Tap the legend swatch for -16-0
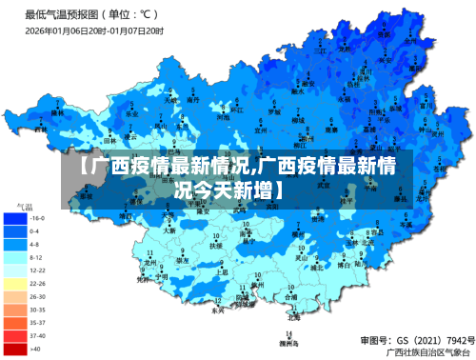point(15,218)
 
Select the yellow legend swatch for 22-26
point(15,283)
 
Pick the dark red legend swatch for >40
point(15,349)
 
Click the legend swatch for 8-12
point(15,257)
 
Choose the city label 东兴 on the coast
point(218,310)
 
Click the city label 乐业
point(131,112)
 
